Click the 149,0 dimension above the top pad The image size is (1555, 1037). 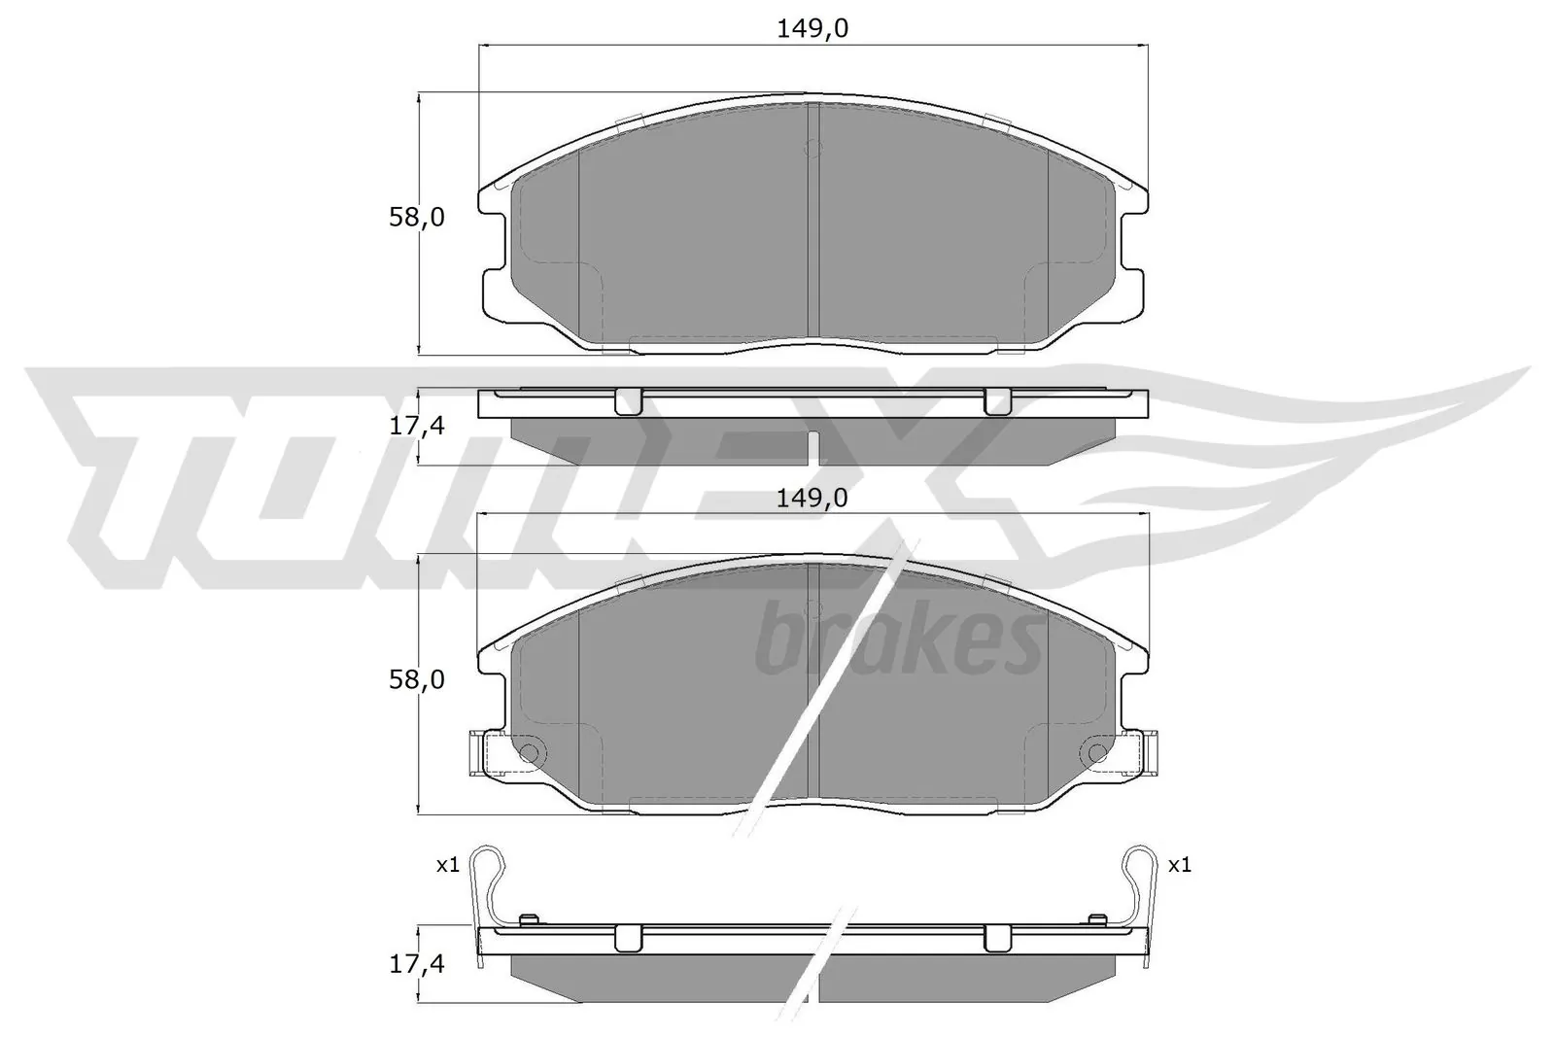tap(812, 29)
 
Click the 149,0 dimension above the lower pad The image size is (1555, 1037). tap(812, 498)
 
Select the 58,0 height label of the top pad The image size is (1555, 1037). tap(416, 218)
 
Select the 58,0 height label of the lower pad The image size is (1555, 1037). tap(416, 680)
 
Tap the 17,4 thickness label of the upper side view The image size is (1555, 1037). tap(416, 426)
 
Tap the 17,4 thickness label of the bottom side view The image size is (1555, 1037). tap(416, 964)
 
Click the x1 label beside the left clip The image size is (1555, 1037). tap(447, 865)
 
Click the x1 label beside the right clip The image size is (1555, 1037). tap(1179, 865)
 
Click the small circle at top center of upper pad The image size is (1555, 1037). tap(814, 149)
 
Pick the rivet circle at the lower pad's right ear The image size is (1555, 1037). tap(1095, 753)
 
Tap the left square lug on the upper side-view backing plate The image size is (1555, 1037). tap(630, 400)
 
